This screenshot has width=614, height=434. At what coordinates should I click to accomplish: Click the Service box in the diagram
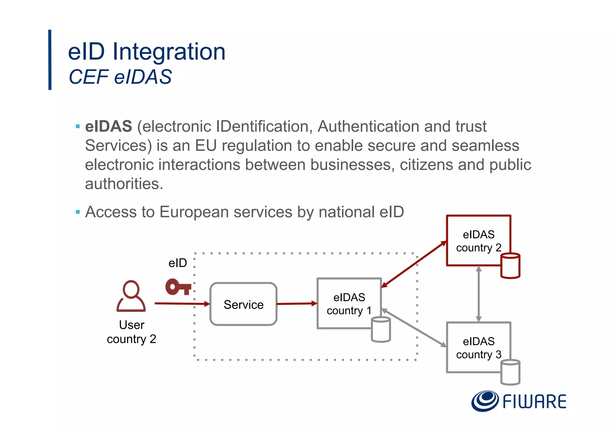[x=243, y=304]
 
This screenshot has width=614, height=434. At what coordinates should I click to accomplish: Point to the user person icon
[x=131, y=296]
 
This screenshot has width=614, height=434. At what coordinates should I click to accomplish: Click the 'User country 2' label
[x=132, y=332]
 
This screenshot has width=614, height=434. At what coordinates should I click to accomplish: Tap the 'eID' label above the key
[x=177, y=263]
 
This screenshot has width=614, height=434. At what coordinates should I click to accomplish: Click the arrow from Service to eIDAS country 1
[x=297, y=304]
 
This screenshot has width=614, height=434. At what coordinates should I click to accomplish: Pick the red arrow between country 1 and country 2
[x=414, y=264]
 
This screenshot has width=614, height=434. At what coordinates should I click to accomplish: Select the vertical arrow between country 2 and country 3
[x=479, y=294]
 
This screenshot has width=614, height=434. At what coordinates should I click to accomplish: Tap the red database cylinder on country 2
[x=510, y=266]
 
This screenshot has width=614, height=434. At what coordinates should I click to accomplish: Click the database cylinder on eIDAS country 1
[x=381, y=330]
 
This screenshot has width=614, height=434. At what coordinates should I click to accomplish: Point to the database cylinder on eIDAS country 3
[x=510, y=372]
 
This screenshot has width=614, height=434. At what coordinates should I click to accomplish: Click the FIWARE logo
[x=519, y=401]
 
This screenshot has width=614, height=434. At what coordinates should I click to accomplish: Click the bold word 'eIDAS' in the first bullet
[x=109, y=126]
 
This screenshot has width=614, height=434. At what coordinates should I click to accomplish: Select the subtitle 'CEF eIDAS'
[x=120, y=77]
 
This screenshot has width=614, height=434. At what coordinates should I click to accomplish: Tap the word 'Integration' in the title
[x=169, y=52]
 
